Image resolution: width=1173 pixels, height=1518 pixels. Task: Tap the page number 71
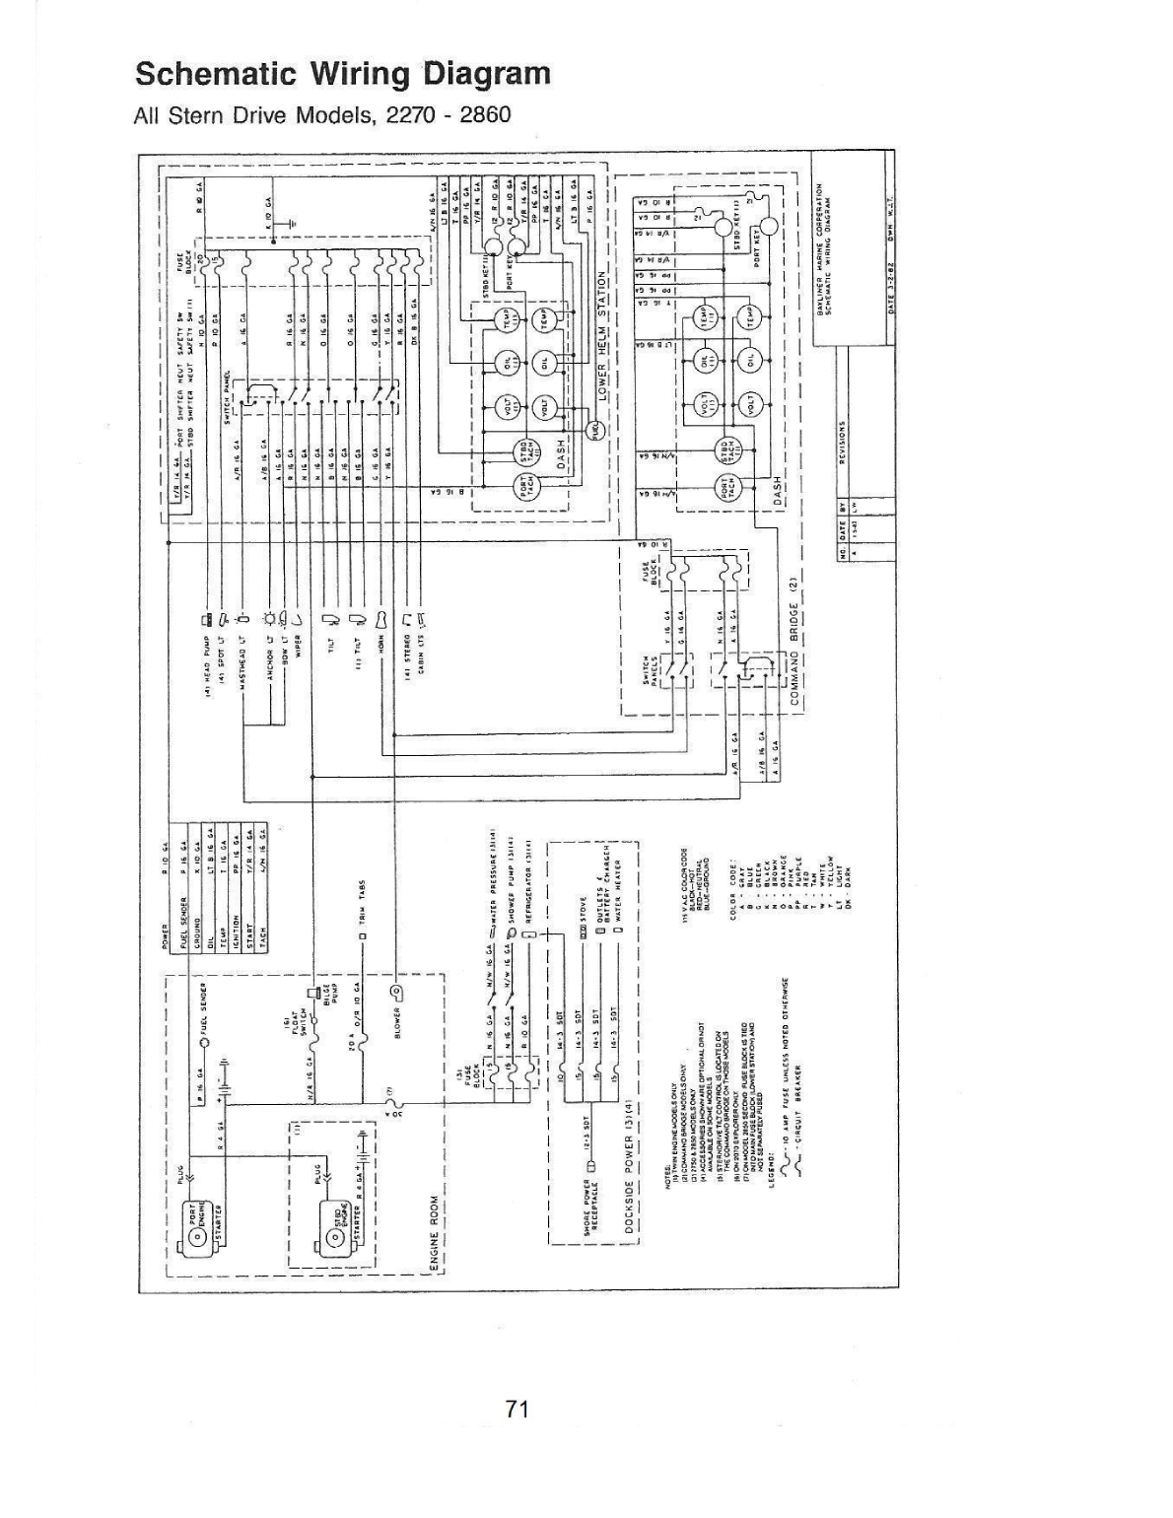[x=518, y=1409]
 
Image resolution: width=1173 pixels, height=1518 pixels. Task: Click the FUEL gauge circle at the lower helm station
[x=595, y=430]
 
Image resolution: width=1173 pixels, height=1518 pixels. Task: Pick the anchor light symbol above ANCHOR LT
[x=267, y=619]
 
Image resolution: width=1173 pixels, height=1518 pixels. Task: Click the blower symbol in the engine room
[x=395, y=991]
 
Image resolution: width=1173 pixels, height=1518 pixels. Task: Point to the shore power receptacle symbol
[x=591, y=1166]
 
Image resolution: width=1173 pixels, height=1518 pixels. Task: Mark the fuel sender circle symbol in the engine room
[x=205, y=1041]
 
